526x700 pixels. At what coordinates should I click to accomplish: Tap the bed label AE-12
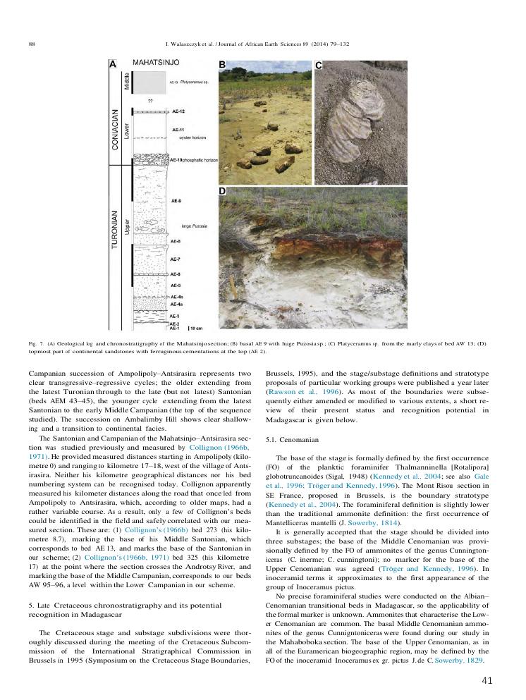point(178,112)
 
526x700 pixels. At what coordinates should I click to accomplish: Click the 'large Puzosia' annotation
point(193,224)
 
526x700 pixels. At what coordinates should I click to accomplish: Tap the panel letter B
point(221,65)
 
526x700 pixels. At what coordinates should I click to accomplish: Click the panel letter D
point(221,191)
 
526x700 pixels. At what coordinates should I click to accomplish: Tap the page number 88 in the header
point(32,44)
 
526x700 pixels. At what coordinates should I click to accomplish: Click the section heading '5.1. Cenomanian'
point(288,439)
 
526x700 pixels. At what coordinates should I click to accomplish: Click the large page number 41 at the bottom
point(487,680)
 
